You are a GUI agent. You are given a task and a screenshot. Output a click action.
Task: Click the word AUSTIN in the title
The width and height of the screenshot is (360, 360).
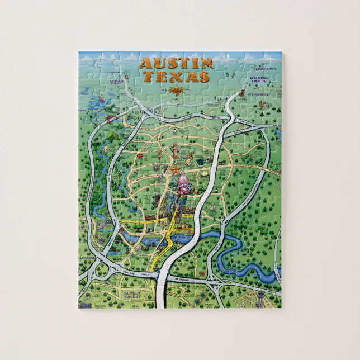[175, 63]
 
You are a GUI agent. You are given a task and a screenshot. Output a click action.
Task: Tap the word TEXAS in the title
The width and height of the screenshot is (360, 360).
[183, 77]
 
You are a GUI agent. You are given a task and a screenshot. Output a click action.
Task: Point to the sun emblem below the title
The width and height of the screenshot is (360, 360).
[176, 91]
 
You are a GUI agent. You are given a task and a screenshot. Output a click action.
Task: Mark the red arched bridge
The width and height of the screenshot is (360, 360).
[111, 117]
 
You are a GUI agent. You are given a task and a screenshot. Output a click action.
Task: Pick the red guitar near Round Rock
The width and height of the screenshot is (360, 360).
[244, 92]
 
